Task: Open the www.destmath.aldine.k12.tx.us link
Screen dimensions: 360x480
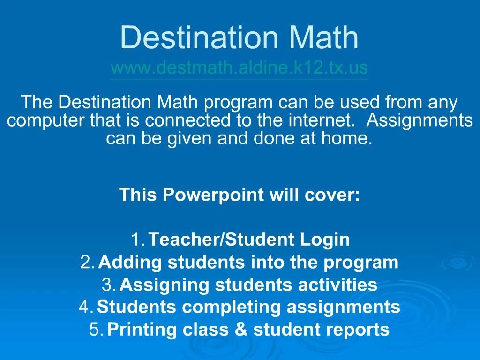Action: click(x=240, y=68)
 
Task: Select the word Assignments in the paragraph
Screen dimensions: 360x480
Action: click(x=420, y=120)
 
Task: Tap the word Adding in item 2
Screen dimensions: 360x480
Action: click(x=131, y=262)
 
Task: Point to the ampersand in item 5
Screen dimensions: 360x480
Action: click(x=241, y=330)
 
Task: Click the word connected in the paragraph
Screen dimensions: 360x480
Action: click(x=187, y=120)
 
